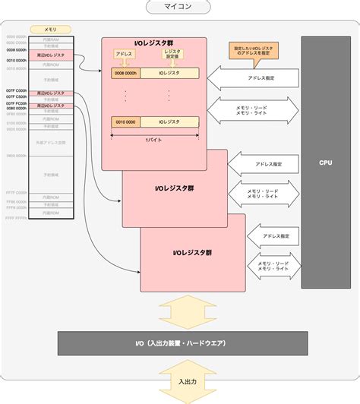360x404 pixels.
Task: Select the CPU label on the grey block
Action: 326,163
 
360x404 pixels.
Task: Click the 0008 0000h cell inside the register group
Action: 125,74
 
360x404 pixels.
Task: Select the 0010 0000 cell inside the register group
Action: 125,121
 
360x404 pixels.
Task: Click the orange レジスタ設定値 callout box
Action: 172,55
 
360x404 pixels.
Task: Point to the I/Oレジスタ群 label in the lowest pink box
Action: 192,252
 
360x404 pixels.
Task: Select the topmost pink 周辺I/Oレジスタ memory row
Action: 51,56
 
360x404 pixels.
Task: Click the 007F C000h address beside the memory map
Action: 16,91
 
